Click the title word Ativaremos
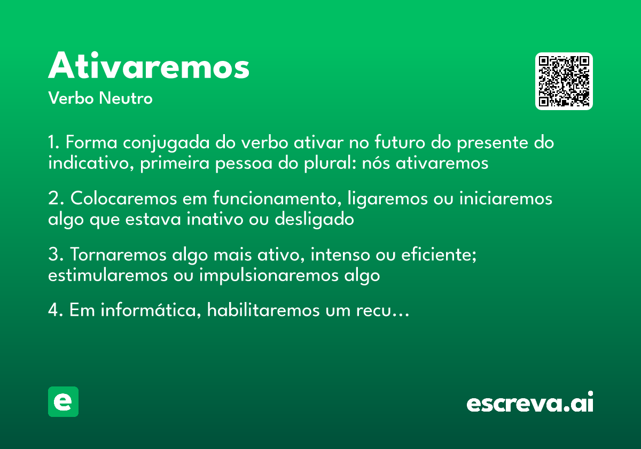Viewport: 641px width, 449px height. (x=149, y=67)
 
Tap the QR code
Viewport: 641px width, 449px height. (x=564, y=81)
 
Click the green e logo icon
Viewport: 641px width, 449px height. (x=63, y=401)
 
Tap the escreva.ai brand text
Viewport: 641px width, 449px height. (x=530, y=403)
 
